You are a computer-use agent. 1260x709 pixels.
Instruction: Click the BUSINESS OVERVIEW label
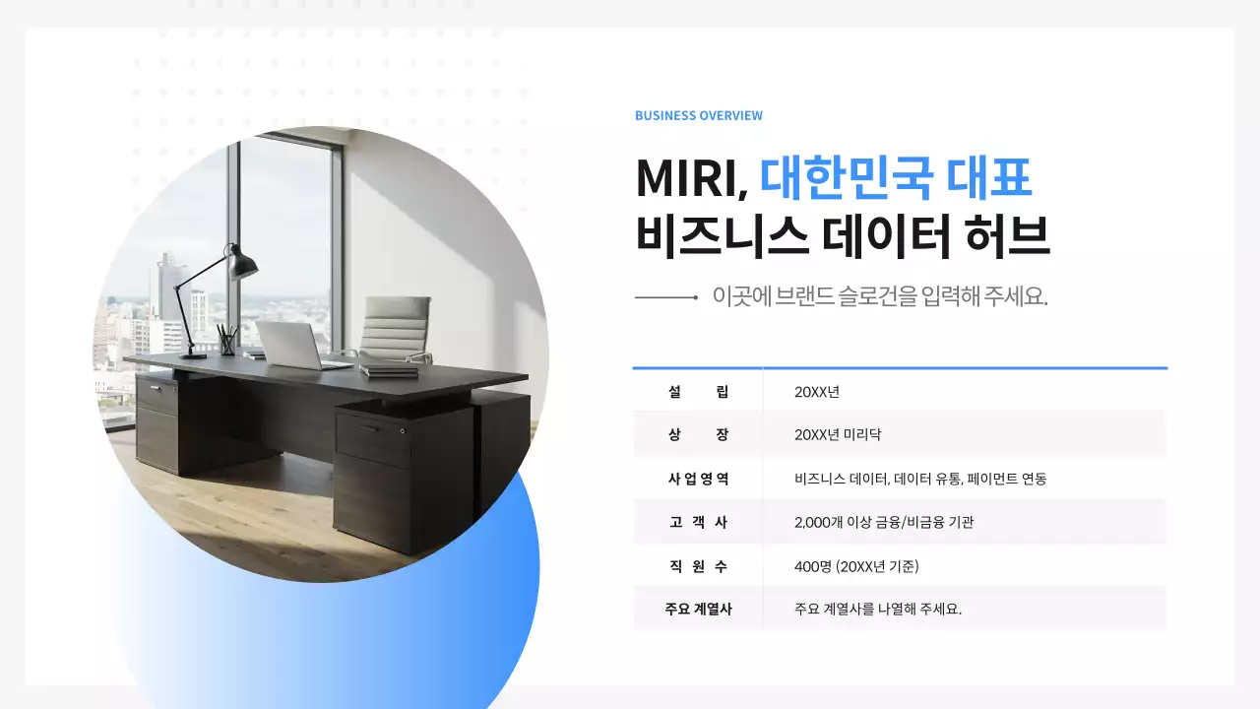pyautogui.click(x=698, y=115)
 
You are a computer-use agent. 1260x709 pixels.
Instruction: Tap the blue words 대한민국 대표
pyautogui.click(x=896, y=178)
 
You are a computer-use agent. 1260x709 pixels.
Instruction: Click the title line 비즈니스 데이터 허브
pyautogui.click(x=843, y=238)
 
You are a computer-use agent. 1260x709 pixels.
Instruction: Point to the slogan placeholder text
pyautogui.click(x=879, y=296)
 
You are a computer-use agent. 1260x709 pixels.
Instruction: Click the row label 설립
pyautogui.click(x=698, y=392)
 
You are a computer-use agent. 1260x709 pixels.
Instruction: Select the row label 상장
pyautogui.click(x=698, y=434)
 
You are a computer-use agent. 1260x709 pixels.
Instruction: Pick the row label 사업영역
pyautogui.click(x=698, y=479)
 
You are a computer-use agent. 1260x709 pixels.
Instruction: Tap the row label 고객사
pyautogui.click(x=698, y=522)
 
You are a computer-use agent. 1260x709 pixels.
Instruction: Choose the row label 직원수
pyautogui.click(x=698, y=566)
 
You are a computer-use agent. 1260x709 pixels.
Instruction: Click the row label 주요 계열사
pyautogui.click(x=698, y=609)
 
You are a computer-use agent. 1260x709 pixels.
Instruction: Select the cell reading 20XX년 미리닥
pyautogui.click(x=838, y=434)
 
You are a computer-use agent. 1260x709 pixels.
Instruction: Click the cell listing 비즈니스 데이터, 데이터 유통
pyautogui.click(x=920, y=479)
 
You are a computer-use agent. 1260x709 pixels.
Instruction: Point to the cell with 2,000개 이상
pyautogui.click(x=884, y=522)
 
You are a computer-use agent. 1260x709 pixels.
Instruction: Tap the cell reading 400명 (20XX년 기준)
pyautogui.click(x=856, y=566)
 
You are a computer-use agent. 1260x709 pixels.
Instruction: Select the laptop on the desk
pyautogui.click(x=289, y=346)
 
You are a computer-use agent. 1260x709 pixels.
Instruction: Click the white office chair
pyautogui.click(x=394, y=330)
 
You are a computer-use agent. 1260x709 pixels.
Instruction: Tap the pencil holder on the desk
pyautogui.click(x=227, y=341)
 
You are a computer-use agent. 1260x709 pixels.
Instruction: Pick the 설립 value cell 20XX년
pyautogui.click(x=817, y=392)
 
